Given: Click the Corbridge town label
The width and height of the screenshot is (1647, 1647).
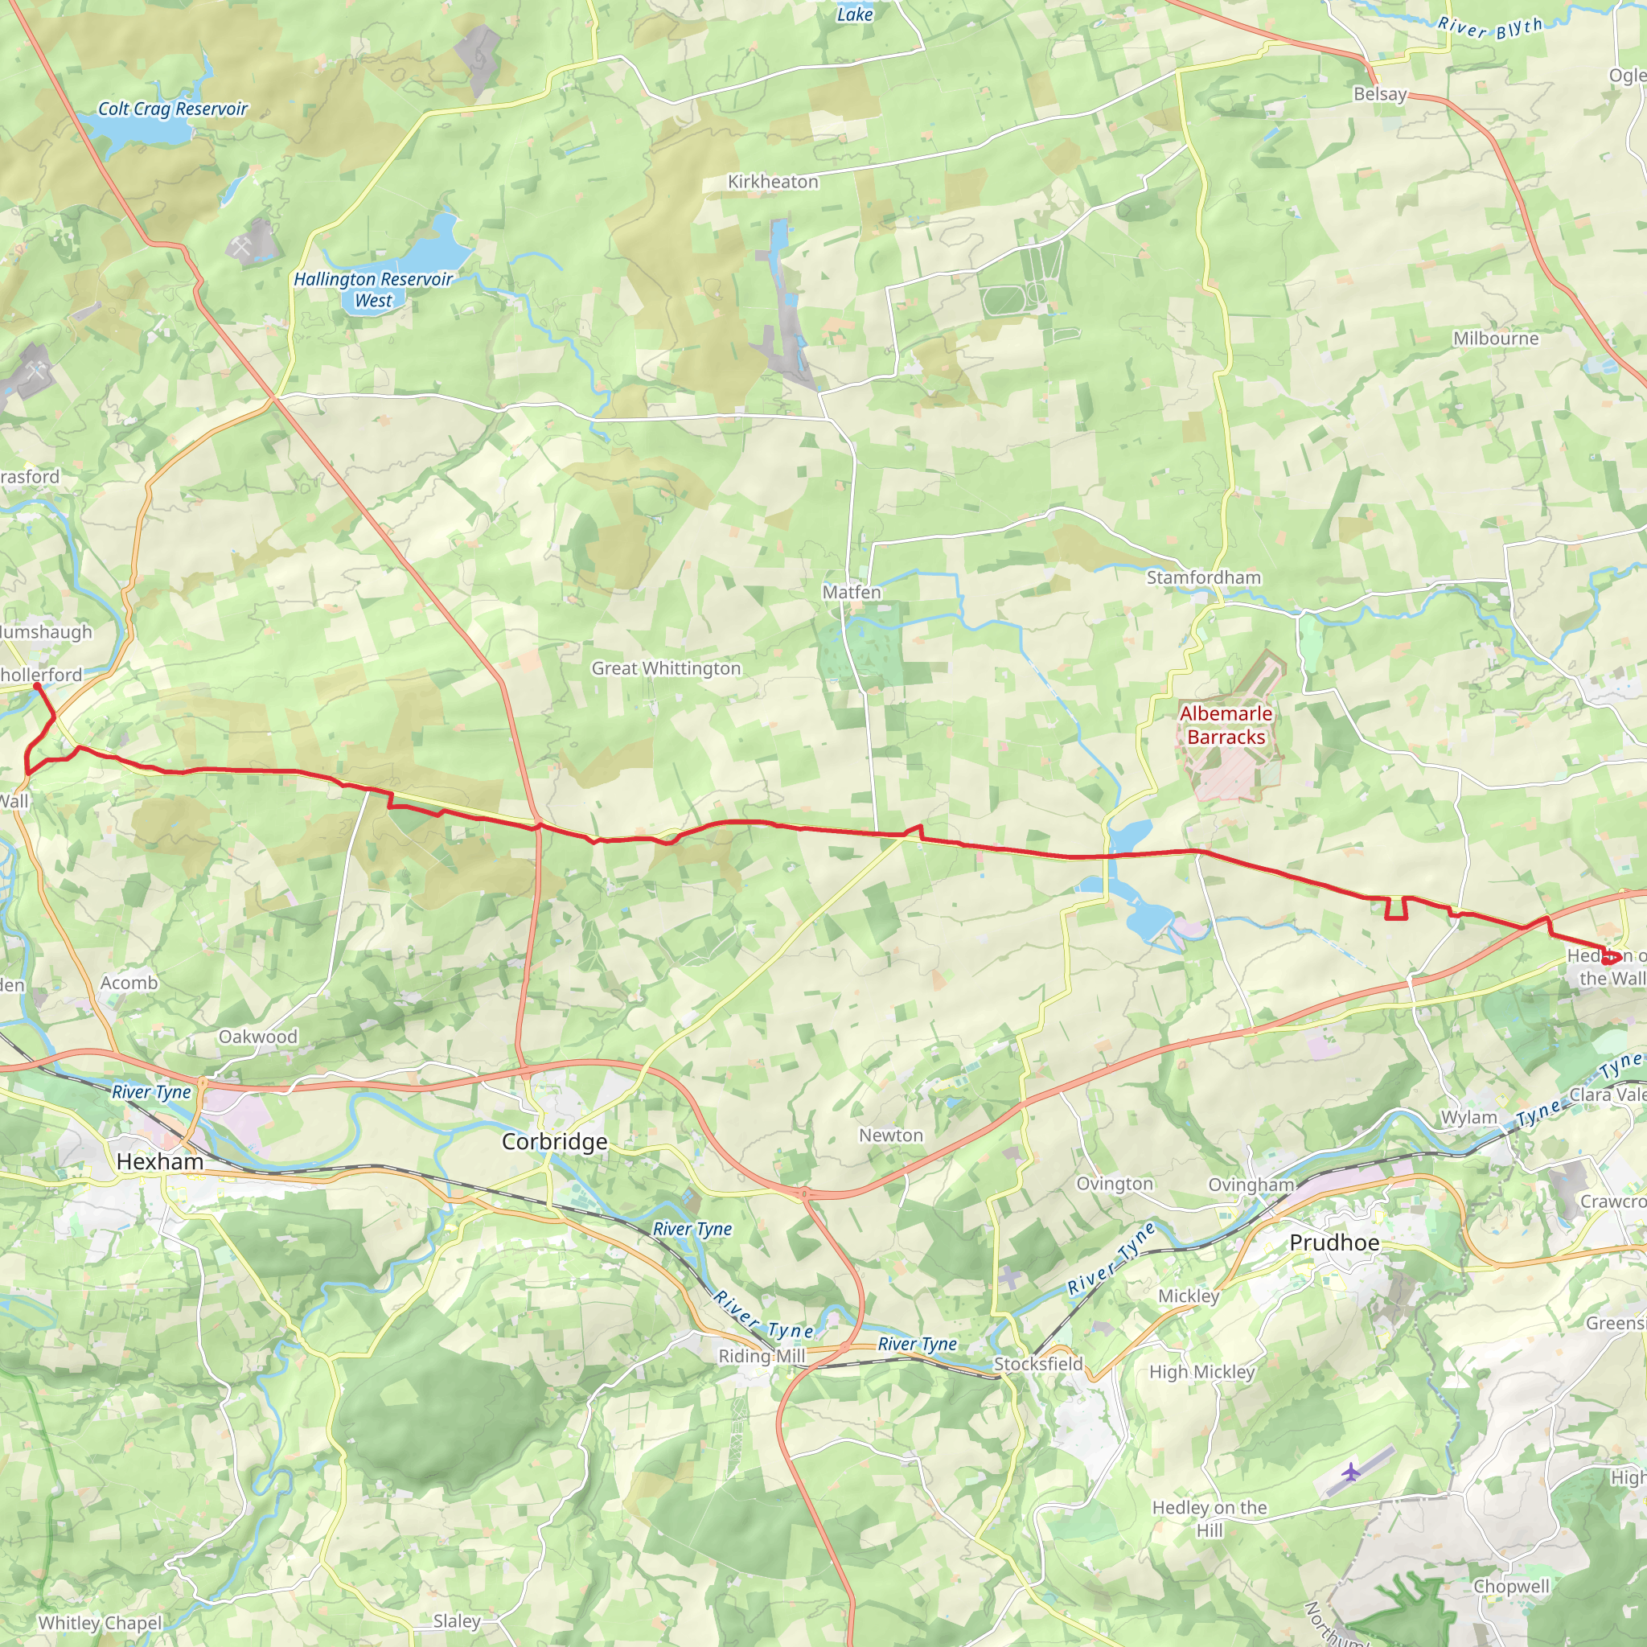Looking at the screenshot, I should click(x=554, y=1141).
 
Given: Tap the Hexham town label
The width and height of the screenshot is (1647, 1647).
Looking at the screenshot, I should click(x=159, y=1162).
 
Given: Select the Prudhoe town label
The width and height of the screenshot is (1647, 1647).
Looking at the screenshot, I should click(x=1333, y=1242).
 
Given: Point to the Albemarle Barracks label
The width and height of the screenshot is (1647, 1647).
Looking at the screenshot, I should click(x=1226, y=725).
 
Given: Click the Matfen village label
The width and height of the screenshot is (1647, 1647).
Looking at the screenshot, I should click(x=851, y=592).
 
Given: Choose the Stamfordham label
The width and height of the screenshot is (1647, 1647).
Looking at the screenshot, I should click(x=1203, y=577).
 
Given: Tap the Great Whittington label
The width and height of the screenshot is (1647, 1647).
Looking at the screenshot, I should click(x=666, y=668).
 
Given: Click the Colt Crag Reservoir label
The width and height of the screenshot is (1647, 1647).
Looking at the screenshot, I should click(x=172, y=109).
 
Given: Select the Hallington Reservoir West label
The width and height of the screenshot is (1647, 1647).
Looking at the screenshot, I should click(x=372, y=290).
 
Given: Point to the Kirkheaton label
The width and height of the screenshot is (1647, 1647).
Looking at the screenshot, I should click(x=772, y=182).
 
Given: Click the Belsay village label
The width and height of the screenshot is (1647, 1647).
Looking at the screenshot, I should click(x=1379, y=94).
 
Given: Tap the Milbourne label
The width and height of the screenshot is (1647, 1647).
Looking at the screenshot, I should click(x=1496, y=339).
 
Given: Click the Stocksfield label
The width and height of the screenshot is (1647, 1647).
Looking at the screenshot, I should click(x=1037, y=1364).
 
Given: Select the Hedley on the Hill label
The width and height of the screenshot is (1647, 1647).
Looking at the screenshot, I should click(x=1209, y=1518).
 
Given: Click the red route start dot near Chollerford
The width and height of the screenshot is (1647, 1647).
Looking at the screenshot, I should click(x=37, y=685).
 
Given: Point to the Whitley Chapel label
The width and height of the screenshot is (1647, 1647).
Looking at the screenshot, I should click(x=100, y=1623).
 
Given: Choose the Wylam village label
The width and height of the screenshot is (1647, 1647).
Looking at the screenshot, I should click(x=1468, y=1118).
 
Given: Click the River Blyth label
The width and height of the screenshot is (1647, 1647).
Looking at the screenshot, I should click(x=1490, y=27).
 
